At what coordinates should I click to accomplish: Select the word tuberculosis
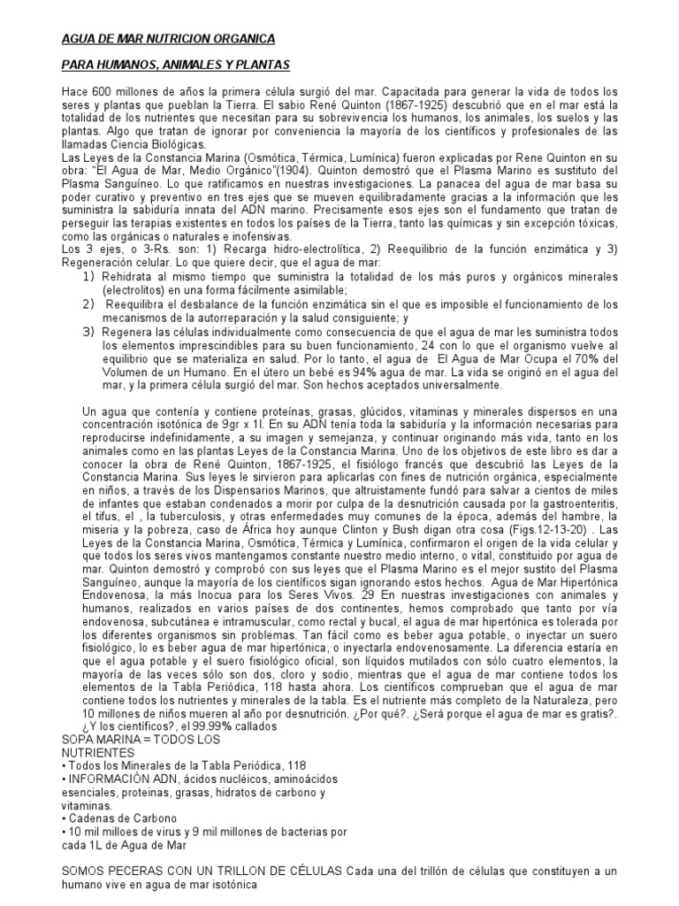click(x=188, y=514)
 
